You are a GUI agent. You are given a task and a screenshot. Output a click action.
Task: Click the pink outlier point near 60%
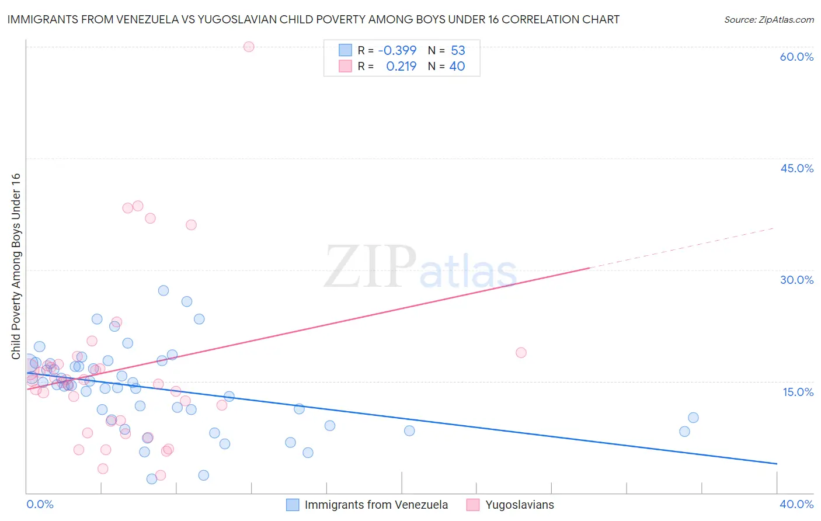(249, 47)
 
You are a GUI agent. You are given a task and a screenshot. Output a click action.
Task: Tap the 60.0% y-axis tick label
(796, 57)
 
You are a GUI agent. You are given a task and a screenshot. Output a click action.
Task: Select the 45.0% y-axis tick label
(796, 168)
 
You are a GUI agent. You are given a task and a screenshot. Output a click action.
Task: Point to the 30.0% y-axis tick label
(796, 280)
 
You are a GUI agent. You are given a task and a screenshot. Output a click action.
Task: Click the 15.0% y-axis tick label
(798, 392)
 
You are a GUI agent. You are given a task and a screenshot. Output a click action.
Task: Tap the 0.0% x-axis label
(40, 504)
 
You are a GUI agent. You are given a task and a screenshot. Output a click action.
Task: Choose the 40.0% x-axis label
(796, 504)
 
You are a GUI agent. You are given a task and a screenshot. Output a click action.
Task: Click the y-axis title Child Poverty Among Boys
(16, 266)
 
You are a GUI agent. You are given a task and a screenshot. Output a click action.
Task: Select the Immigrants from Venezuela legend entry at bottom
(375, 505)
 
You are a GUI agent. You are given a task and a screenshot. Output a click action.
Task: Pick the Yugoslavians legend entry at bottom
(519, 505)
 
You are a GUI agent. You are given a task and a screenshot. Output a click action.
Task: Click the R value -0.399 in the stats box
(397, 51)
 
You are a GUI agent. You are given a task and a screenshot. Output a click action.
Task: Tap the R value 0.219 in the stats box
(401, 67)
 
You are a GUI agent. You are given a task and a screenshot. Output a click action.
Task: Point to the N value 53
(458, 51)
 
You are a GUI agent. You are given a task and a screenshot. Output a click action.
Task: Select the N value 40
(457, 67)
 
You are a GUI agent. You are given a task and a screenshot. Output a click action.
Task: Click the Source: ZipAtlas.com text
(768, 20)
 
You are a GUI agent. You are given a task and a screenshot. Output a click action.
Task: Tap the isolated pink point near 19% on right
(521, 353)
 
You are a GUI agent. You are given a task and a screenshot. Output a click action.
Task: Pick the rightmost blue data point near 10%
(693, 418)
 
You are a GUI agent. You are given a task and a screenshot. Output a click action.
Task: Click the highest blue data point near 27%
(163, 291)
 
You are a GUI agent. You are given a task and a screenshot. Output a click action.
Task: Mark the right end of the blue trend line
(777, 464)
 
